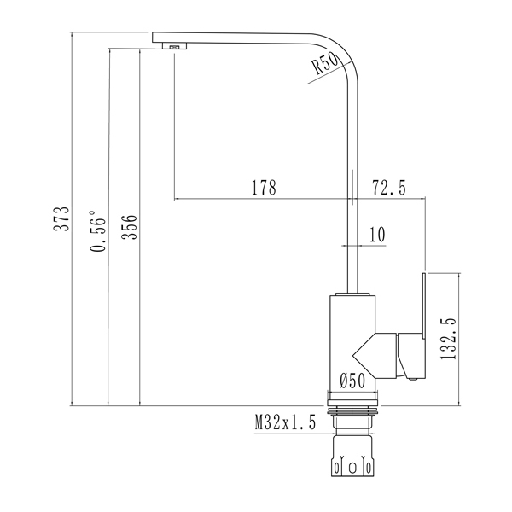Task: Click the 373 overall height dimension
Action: click(61, 219)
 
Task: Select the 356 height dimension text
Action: click(129, 227)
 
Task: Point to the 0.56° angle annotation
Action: click(98, 231)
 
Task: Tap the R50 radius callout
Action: click(325, 63)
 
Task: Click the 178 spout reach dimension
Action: click(264, 188)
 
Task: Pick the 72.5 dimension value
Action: click(389, 188)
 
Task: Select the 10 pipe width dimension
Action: click(377, 235)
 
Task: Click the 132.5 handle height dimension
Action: click(448, 339)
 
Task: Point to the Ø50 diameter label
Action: click(352, 381)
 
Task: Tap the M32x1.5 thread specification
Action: click(285, 422)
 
